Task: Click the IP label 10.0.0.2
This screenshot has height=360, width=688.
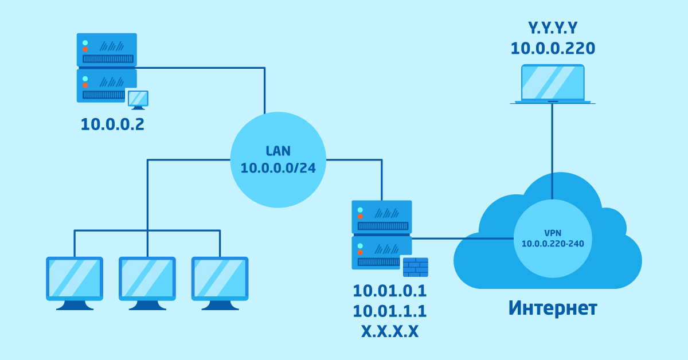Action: pos(112,125)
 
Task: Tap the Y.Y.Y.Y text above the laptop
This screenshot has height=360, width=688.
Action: pos(553,28)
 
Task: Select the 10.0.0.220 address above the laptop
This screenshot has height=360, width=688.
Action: pos(553,49)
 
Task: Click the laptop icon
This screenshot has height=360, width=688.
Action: pos(553,84)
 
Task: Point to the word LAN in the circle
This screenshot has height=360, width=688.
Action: pos(278,151)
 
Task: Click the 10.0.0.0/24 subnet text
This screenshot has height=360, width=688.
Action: pos(278,168)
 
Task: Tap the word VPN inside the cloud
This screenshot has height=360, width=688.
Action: pos(553,233)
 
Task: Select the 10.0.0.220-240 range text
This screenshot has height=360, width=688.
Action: pos(553,244)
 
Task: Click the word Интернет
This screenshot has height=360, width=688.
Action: pos(553,308)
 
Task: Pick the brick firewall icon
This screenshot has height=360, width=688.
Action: pos(415,267)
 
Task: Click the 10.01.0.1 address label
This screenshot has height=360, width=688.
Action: pos(390,291)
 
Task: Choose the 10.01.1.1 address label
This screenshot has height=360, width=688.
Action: pos(390,311)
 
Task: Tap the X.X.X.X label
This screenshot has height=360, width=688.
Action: pos(390,331)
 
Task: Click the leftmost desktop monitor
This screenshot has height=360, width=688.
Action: pos(75,283)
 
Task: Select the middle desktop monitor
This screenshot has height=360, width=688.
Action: pos(147,283)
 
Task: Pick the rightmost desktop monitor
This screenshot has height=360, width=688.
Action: pos(220,283)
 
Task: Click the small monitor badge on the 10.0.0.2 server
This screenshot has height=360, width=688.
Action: pos(138,100)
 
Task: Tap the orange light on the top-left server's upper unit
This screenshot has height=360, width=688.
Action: pos(85,49)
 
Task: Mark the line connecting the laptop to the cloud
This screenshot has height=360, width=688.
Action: pos(552,151)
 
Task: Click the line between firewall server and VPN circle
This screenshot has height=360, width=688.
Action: pos(463,238)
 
